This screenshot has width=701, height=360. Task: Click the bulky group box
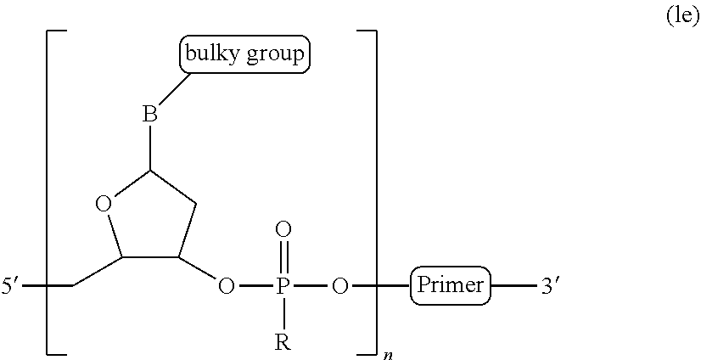coord(244,54)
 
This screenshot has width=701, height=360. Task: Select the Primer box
coord(450,285)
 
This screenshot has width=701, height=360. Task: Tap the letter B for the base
coord(150,114)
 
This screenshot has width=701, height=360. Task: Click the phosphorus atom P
coord(281,286)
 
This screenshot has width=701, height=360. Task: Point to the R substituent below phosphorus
coord(283,342)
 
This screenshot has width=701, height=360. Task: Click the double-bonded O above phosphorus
coord(283,230)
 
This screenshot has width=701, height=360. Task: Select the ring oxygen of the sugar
coord(104,205)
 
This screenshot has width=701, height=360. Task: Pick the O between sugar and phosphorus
coord(226,286)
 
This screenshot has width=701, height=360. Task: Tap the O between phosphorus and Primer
coord(339,286)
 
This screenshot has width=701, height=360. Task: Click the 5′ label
coord(10,286)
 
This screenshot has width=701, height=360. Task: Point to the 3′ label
coord(549,286)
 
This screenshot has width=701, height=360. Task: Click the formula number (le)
coord(682,16)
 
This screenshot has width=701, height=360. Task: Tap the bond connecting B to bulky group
coord(175,88)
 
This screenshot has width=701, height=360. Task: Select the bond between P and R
coord(284,314)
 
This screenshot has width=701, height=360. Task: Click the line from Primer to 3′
coord(513,285)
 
